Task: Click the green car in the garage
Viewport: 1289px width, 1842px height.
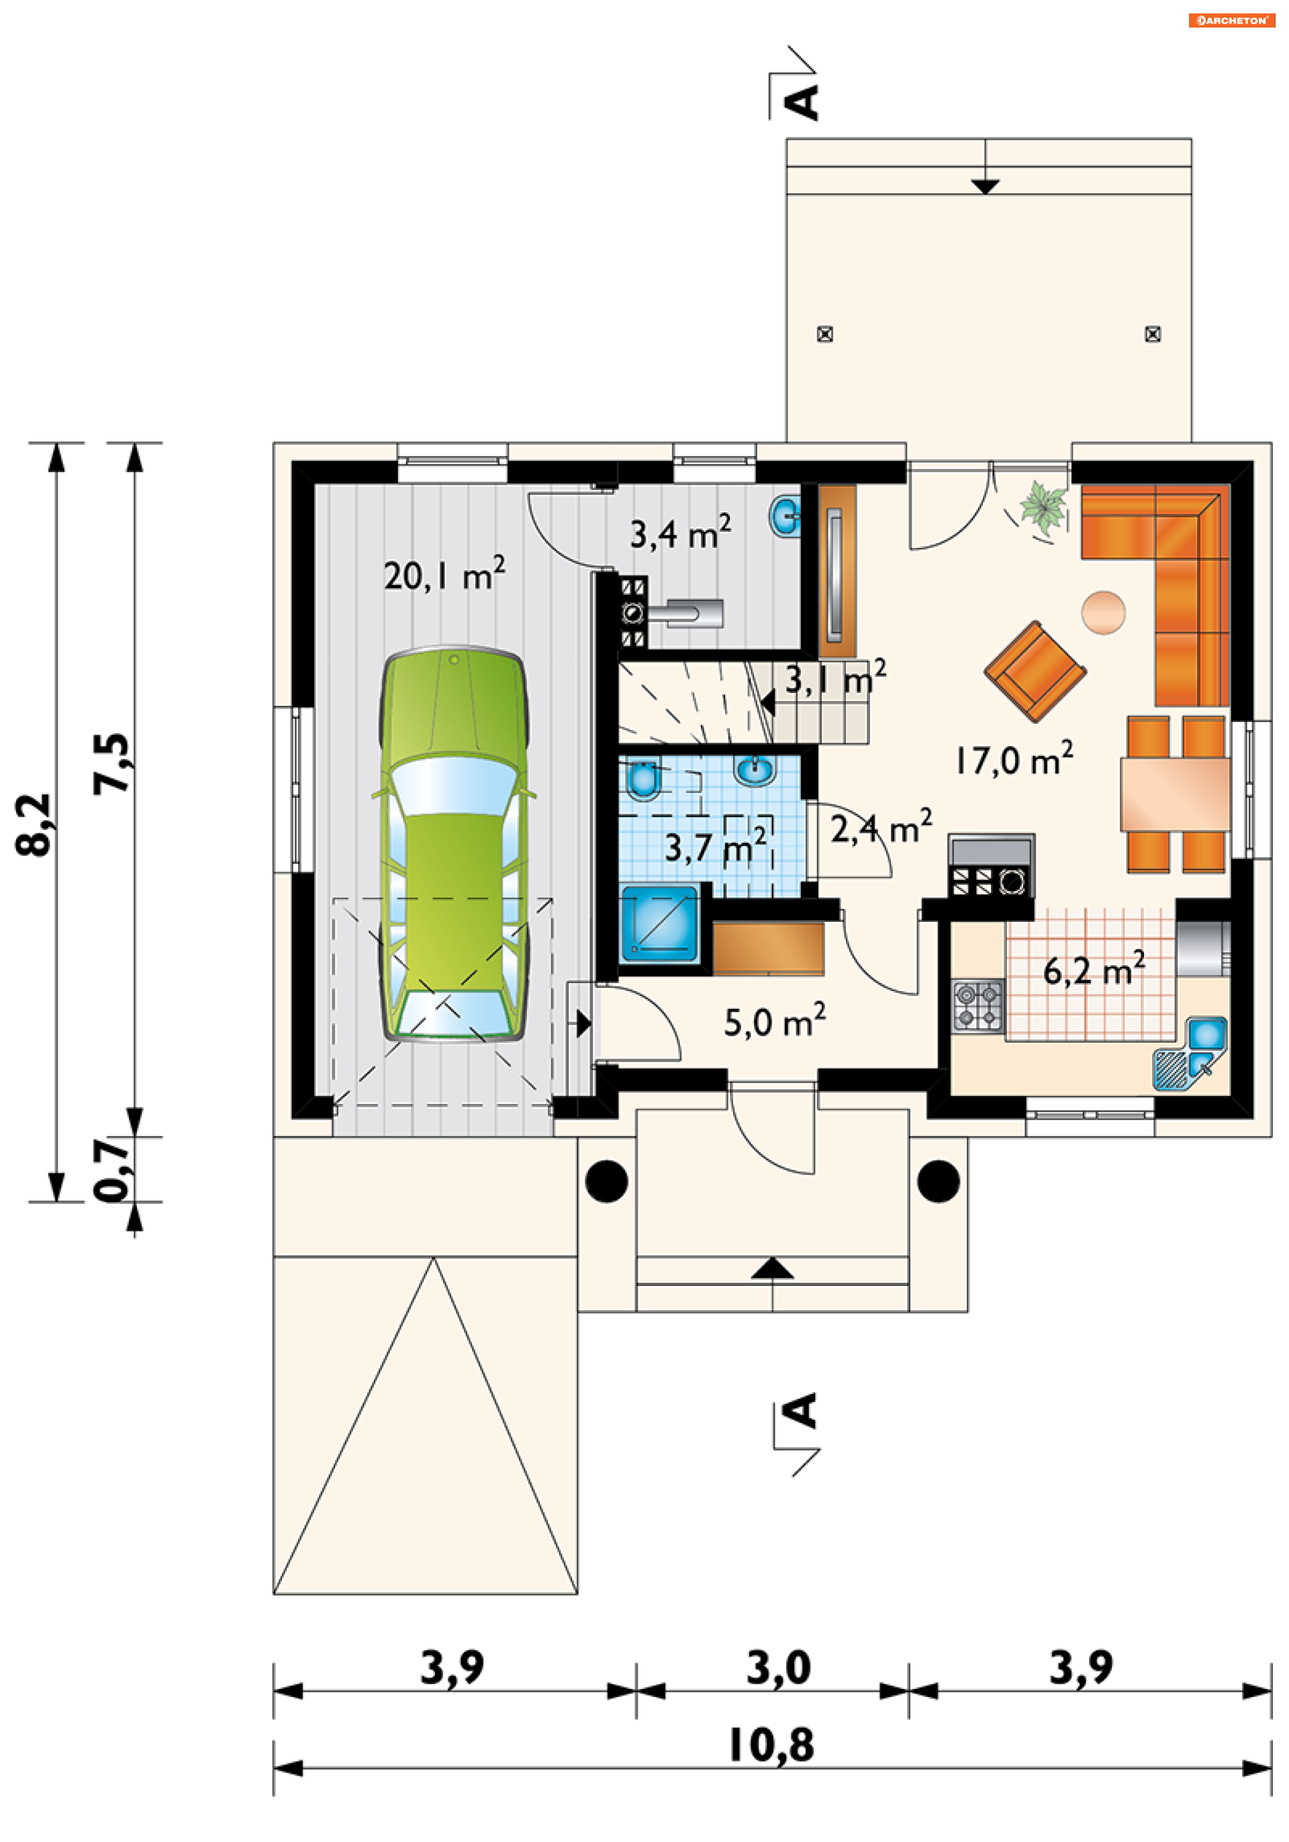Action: pyautogui.click(x=454, y=845)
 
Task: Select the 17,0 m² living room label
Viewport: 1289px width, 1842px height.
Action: pyautogui.click(x=1014, y=759)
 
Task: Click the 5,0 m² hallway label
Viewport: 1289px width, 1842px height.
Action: pyautogui.click(x=775, y=1021)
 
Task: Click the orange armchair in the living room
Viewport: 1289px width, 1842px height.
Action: pyautogui.click(x=1035, y=671)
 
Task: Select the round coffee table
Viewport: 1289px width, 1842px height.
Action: pyautogui.click(x=1103, y=612)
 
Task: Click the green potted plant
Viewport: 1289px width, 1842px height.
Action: pyautogui.click(x=1043, y=507)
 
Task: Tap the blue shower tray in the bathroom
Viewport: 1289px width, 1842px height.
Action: pyautogui.click(x=659, y=923)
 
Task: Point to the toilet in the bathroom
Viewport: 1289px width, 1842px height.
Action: pyautogui.click(x=641, y=779)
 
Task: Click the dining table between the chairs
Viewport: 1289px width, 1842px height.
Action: pyautogui.click(x=1175, y=794)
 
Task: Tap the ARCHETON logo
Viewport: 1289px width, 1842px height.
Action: pyautogui.click(x=1231, y=20)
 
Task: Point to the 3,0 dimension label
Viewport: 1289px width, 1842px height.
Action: pyautogui.click(x=779, y=1667)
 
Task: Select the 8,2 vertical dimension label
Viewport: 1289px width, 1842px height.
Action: pyautogui.click(x=34, y=825)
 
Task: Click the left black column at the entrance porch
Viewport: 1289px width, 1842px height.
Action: pyautogui.click(x=606, y=1181)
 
